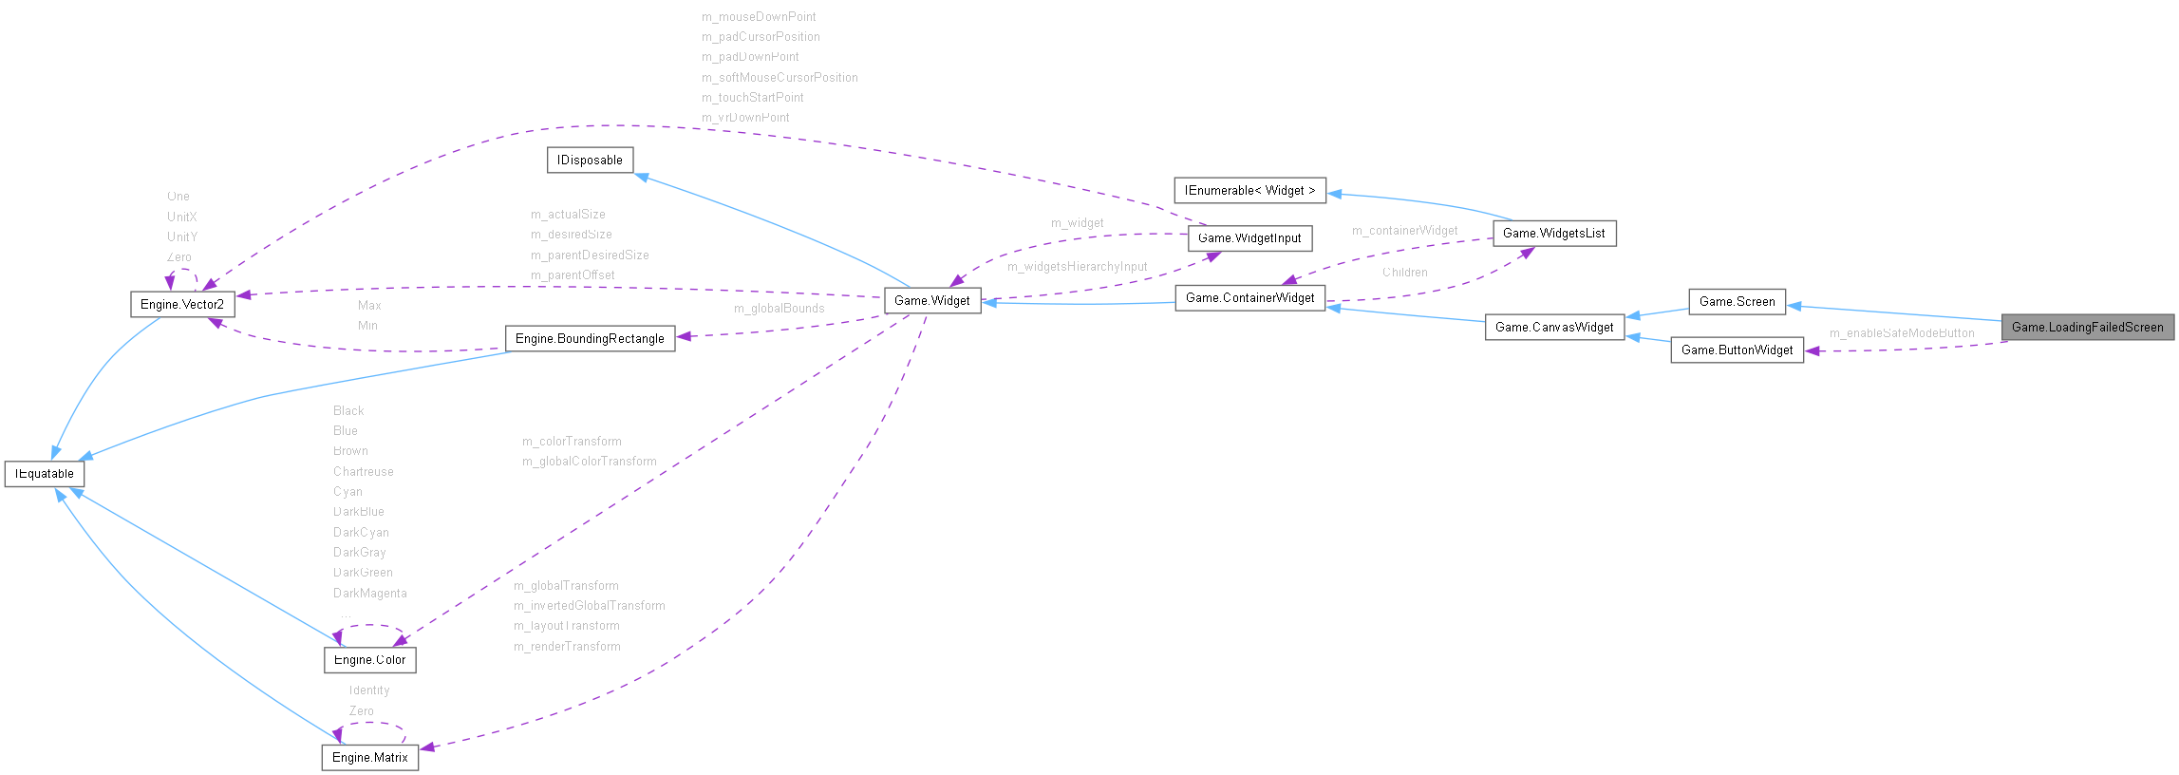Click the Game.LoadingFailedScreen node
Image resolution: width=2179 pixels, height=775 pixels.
(x=2087, y=327)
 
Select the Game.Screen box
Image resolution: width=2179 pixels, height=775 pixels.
(x=1737, y=301)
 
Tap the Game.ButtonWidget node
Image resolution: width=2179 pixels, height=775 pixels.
(x=1737, y=350)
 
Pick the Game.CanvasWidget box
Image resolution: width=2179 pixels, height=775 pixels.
(x=1554, y=327)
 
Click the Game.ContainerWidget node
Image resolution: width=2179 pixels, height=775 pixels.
(x=1249, y=297)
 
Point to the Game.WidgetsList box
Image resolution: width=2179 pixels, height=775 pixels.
(x=1553, y=233)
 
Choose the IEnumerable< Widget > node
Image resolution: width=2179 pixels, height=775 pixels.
(x=1249, y=190)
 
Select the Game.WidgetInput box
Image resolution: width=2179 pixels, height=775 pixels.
(x=1249, y=237)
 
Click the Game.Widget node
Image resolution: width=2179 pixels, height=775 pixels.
(x=931, y=300)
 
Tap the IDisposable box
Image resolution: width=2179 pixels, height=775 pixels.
(x=590, y=160)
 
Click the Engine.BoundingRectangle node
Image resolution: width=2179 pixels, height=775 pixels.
(x=590, y=338)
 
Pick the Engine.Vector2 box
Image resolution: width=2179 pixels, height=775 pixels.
(x=181, y=304)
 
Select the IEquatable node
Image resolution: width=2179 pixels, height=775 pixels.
(x=45, y=473)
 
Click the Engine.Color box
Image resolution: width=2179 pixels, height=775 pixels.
(x=369, y=659)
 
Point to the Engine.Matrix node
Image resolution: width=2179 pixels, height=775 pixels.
(x=369, y=757)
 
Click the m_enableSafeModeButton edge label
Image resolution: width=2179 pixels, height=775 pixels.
(x=1902, y=333)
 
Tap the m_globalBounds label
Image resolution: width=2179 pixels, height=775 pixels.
(x=779, y=308)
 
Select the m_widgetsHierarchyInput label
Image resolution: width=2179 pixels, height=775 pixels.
(x=1077, y=267)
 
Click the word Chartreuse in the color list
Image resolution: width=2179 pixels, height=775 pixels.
(x=363, y=471)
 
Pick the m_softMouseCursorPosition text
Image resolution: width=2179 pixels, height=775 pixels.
(x=780, y=77)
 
